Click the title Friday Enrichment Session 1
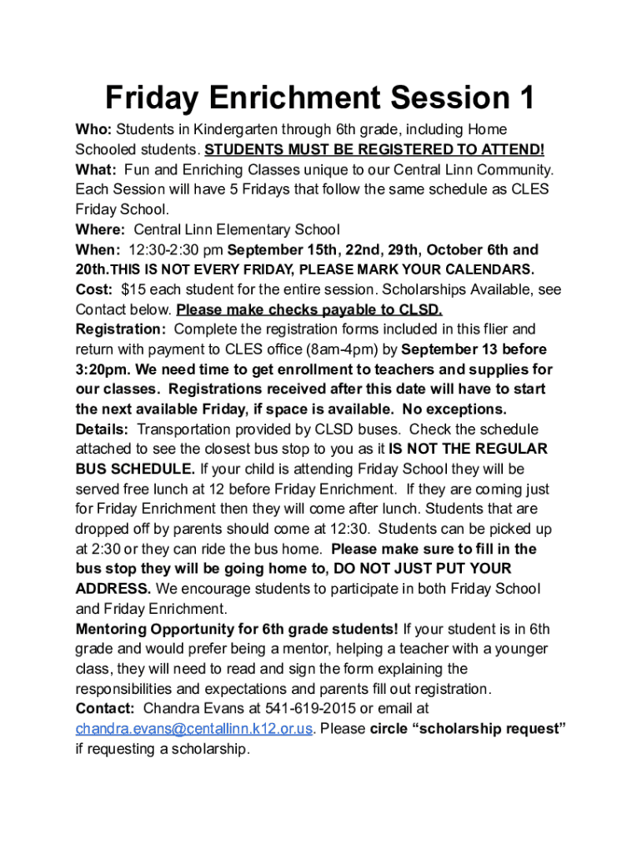[x=320, y=99]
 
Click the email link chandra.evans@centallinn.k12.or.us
[x=194, y=729]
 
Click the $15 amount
[x=133, y=289]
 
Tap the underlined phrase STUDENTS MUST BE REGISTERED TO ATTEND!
[x=374, y=150]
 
